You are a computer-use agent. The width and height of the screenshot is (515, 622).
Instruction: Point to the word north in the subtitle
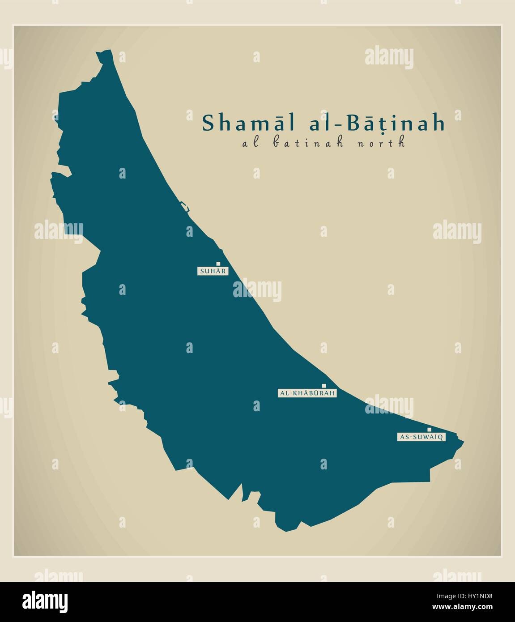click(x=385, y=143)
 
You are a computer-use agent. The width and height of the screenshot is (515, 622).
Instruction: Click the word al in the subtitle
click(x=249, y=143)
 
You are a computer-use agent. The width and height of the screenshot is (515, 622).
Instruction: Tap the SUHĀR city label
click(x=213, y=271)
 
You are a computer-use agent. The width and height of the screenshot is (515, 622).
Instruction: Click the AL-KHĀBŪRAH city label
click(x=307, y=393)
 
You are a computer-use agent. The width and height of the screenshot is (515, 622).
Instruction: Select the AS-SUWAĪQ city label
click(x=421, y=437)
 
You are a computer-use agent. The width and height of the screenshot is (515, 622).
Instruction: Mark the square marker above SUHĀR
click(x=218, y=264)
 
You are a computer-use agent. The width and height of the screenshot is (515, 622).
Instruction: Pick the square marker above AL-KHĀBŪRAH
click(x=324, y=386)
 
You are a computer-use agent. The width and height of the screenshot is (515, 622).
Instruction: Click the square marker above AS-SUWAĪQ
click(x=429, y=430)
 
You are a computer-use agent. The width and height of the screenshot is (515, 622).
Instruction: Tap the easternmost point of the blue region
click(x=463, y=443)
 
